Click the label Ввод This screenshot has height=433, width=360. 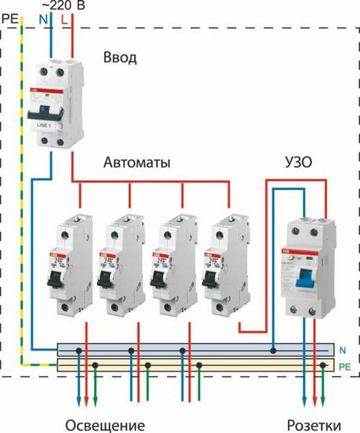[x=119, y=58]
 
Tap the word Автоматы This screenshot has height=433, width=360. [x=136, y=163]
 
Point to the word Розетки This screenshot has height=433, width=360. [x=316, y=424]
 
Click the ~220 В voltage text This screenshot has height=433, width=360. [x=62, y=6]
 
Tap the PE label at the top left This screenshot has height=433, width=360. [x=10, y=19]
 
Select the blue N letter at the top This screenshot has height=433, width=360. [x=43, y=19]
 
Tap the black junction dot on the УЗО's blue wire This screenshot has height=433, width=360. [x=273, y=349]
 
